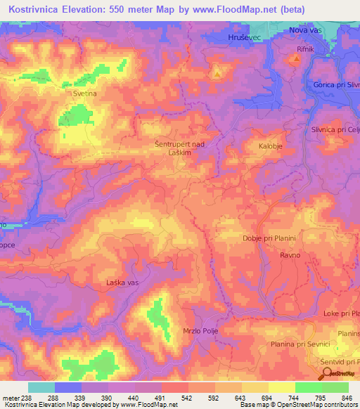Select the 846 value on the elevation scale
point(345,397)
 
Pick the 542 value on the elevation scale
point(184,397)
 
